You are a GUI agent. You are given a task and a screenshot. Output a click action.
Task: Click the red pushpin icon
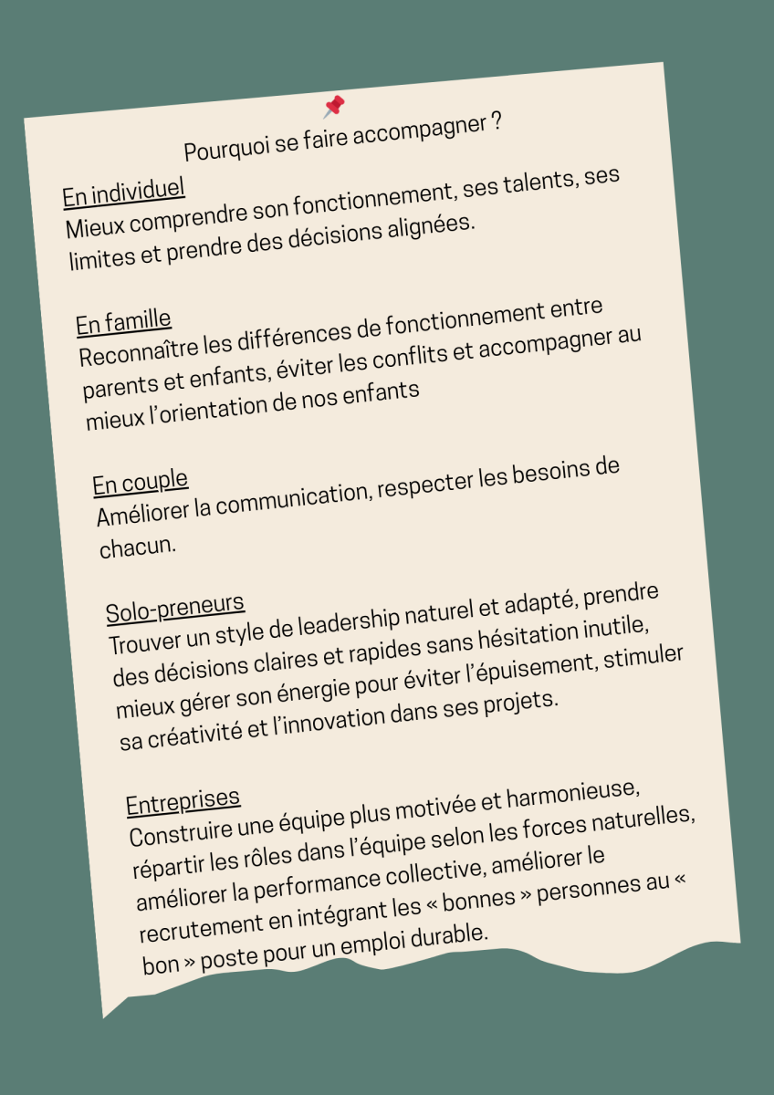[334, 107]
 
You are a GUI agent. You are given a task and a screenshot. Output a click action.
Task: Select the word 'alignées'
[429, 225]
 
